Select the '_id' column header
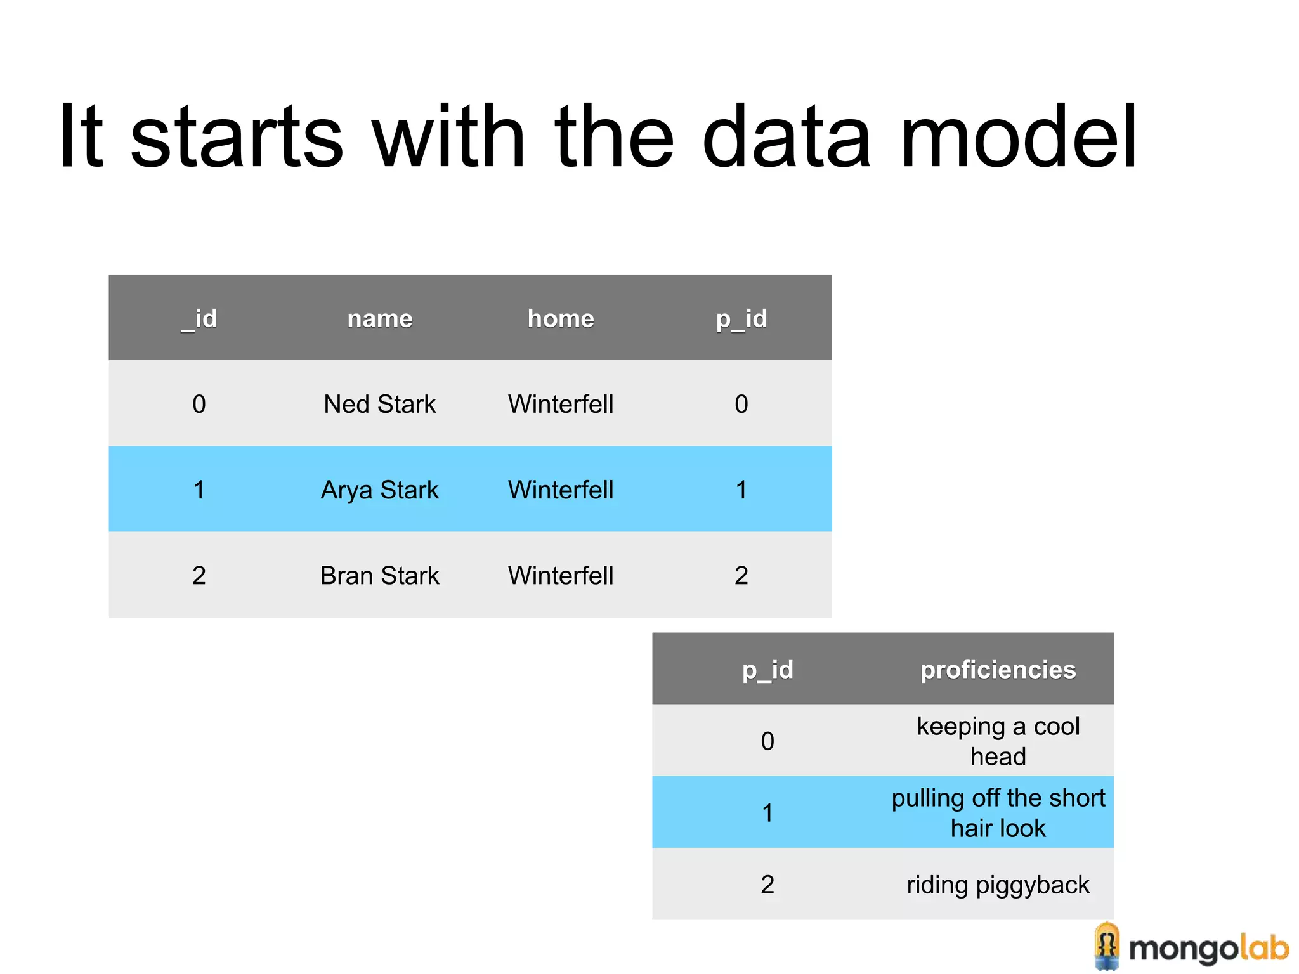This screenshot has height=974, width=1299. (x=199, y=318)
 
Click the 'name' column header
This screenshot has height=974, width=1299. (x=380, y=318)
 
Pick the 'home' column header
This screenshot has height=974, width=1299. (x=561, y=318)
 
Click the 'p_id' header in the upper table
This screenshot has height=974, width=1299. (x=741, y=318)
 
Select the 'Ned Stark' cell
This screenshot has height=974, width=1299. (x=380, y=404)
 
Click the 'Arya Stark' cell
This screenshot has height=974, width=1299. (x=380, y=490)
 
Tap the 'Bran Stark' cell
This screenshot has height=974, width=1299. (x=380, y=575)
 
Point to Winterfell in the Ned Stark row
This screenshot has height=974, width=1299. (x=561, y=404)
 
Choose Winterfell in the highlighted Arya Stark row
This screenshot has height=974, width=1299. (x=561, y=490)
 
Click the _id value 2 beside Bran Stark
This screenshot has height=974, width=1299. (x=199, y=575)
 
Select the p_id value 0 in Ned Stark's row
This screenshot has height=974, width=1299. (x=741, y=404)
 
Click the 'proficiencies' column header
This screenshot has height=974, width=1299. (x=998, y=670)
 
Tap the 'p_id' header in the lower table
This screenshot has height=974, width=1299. (x=767, y=670)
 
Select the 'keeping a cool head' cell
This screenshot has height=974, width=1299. (x=998, y=741)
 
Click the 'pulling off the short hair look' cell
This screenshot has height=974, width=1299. (x=998, y=812)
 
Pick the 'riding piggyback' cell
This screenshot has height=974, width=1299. (x=998, y=885)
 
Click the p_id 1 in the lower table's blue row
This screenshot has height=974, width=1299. (x=767, y=812)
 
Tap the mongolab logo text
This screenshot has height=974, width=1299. (x=1208, y=949)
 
